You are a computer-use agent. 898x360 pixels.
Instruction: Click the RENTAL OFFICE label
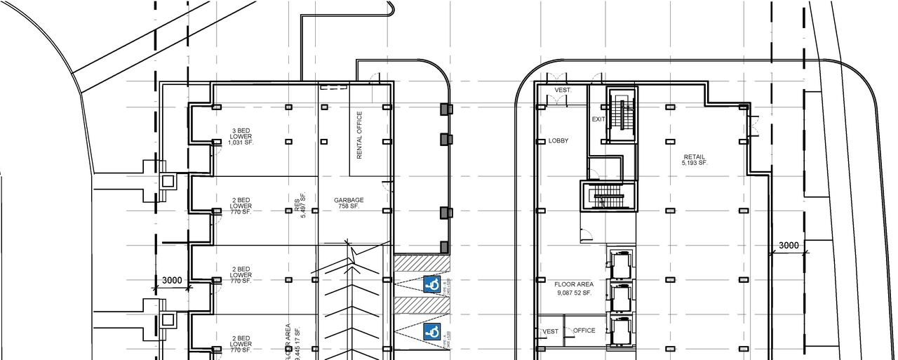(359, 135)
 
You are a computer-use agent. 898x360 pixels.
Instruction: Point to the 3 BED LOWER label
(241, 133)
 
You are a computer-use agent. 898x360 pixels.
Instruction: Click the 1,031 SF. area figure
(241, 143)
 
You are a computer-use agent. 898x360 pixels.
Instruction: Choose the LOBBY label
(558, 141)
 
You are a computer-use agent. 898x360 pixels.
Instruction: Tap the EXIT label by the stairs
(598, 119)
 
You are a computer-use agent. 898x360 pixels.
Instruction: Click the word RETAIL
(695, 157)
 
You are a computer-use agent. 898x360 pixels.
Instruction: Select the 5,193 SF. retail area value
(695, 164)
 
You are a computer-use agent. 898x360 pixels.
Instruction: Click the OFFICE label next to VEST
(584, 331)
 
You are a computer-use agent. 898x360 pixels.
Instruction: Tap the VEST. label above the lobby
(563, 91)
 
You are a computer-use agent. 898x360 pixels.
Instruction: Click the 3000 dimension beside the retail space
(789, 246)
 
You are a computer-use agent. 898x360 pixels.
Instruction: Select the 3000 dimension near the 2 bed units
(172, 281)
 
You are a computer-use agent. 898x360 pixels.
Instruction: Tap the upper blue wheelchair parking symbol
(432, 284)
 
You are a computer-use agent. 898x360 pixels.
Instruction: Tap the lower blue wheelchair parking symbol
(432, 332)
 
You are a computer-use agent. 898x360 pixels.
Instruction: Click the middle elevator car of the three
(620, 298)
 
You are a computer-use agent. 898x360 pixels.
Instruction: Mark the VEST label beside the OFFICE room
(551, 331)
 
